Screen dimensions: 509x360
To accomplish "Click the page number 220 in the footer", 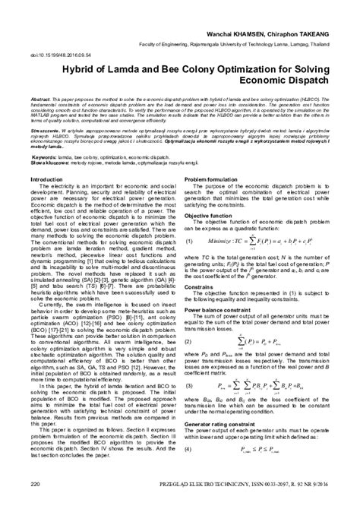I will (x=35, y=501).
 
